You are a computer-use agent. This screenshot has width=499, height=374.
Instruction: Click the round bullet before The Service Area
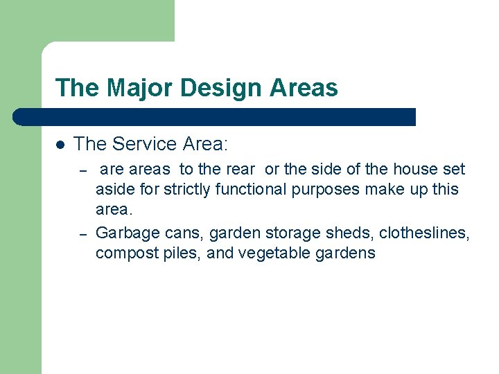60,145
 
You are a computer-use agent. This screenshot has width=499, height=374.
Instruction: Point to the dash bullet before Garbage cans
82,234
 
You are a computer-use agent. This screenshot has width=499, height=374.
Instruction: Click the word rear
240,169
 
